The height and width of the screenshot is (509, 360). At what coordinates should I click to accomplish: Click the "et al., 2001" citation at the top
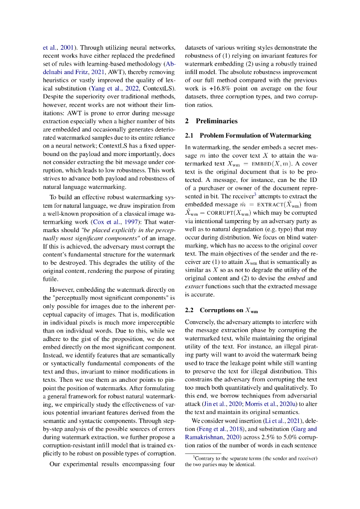[x=58, y=47]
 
